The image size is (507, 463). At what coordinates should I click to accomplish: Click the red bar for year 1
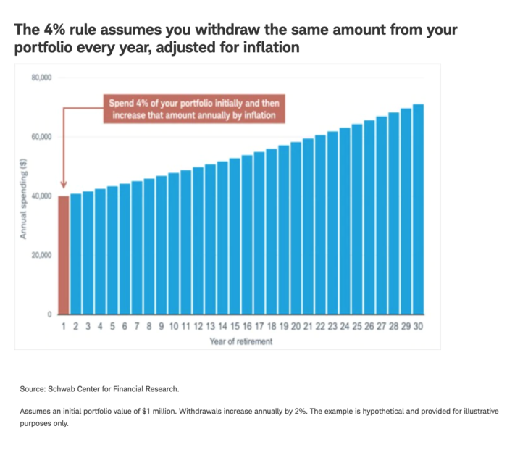point(64,255)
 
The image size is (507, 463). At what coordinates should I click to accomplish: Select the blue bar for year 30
point(419,209)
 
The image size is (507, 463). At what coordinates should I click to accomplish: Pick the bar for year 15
point(235,236)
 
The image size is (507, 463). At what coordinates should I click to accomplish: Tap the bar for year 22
point(320,225)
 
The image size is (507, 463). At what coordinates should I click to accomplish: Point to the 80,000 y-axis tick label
point(41,78)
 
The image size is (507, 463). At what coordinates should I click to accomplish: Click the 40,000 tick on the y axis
point(41,196)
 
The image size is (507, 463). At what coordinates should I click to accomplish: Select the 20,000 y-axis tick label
point(41,255)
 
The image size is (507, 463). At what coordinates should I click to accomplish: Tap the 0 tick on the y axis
point(49,314)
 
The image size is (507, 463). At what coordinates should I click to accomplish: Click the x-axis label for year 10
point(174,327)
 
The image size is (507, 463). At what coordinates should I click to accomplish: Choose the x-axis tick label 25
point(357,327)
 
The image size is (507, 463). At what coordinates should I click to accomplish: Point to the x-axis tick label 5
point(112,327)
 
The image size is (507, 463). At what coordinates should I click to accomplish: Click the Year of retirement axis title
point(241,341)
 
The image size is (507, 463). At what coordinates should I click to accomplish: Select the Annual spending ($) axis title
point(23,199)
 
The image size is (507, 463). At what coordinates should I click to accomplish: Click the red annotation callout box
point(194,109)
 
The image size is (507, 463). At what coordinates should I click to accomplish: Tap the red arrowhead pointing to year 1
point(64,185)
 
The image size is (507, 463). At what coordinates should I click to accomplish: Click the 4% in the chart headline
point(54,30)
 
